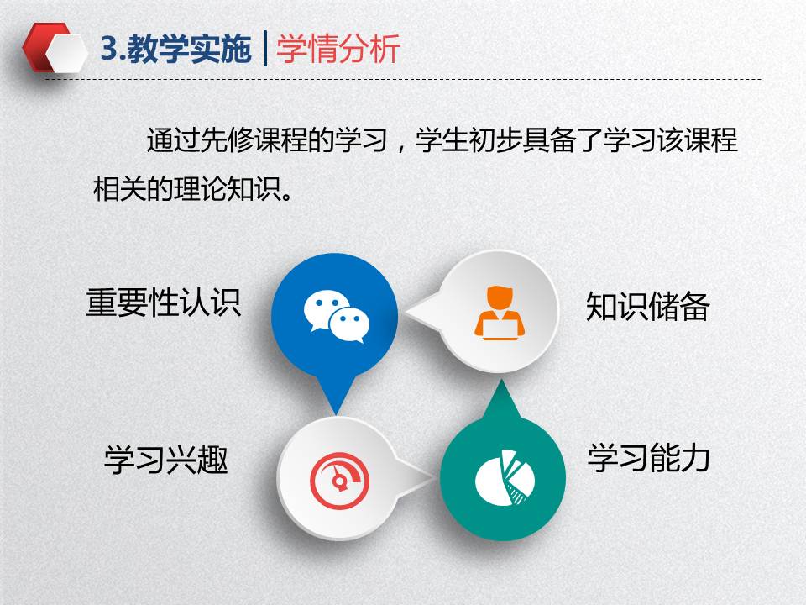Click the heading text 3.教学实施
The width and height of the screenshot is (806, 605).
coord(176,49)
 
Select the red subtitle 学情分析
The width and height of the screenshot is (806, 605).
coord(338,49)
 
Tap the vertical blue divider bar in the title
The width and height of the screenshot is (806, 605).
coord(265,49)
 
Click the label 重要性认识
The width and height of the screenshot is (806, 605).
coord(164,302)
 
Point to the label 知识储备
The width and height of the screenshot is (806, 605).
coord(647,307)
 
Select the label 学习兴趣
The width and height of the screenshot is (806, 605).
coord(166,460)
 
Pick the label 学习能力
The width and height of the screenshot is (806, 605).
coord(649,458)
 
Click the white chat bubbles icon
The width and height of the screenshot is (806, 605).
coord(337,316)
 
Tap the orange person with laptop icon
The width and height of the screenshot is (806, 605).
coord(500,313)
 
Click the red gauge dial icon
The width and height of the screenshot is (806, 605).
coord(339,481)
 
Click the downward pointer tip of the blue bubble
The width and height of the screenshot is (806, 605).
coord(336,413)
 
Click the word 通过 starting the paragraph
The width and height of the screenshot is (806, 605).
coord(173,140)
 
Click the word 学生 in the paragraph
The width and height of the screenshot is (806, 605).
coord(442,140)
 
